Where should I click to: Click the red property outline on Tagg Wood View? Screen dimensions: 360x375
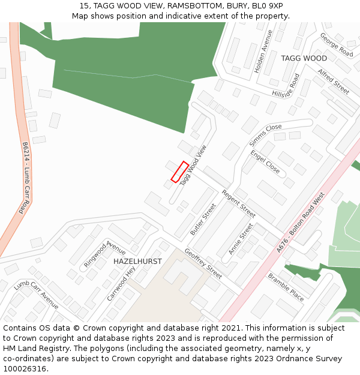point(180,172)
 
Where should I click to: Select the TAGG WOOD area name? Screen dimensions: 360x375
point(304,58)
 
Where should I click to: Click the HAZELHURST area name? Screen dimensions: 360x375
point(137,262)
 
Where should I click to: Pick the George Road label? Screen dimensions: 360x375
point(336,44)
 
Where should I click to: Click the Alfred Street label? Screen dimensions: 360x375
point(334,81)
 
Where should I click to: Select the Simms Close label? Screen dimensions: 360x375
point(265,136)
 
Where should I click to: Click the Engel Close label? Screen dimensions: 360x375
point(265,162)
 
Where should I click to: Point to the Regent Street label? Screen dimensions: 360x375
point(239,204)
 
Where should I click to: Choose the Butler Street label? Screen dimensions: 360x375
point(203,220)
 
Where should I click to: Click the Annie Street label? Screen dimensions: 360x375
point(241,239)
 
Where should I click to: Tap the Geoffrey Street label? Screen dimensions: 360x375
point(203,263)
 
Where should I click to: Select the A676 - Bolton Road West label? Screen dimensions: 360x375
point(301,222)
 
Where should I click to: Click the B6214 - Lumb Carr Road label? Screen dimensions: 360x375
point(25,178)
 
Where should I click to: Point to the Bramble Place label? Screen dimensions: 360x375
point(286,287)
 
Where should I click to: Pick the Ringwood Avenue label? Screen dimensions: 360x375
point(104,254)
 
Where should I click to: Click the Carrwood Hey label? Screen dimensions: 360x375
point(122,284)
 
